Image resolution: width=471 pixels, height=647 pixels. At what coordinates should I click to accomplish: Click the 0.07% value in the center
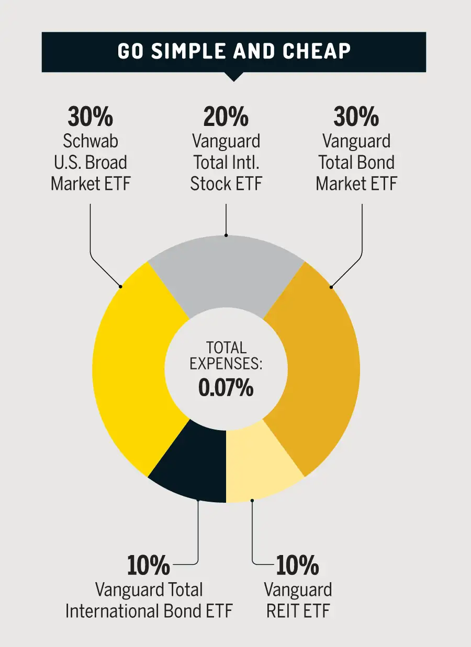(226, 388)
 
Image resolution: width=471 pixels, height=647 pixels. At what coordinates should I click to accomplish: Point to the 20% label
(226, 117)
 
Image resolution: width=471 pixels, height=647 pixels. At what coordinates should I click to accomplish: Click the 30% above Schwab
(90, 117)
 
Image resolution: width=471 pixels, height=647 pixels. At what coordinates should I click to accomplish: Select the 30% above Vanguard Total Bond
(356, 117)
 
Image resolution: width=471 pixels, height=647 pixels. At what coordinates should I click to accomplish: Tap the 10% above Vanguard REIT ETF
(297, 565)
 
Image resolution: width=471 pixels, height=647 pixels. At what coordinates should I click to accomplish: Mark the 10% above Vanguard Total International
(149, 565)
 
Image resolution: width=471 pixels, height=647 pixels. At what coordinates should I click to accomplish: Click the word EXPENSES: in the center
(226, 364)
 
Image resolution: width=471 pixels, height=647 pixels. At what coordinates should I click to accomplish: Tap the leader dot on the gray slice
(226, 235)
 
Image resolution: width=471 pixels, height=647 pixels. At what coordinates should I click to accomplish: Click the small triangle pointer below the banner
(234, 76)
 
